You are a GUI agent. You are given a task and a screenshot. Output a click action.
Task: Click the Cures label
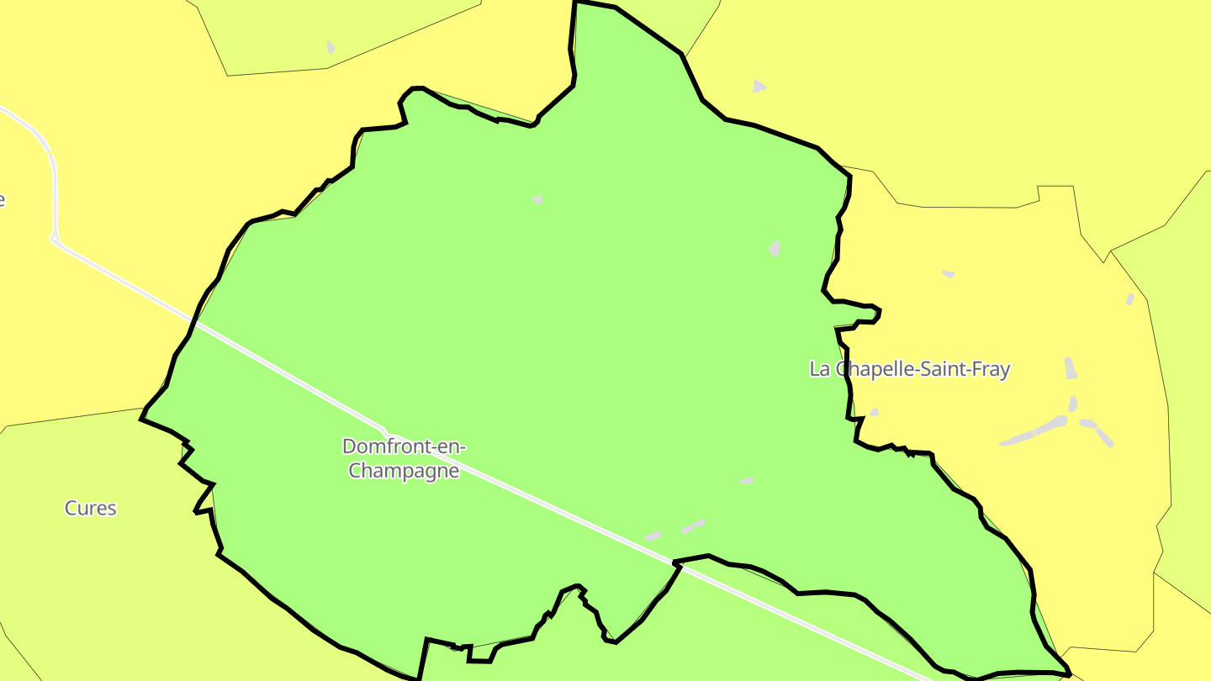click(91, 508)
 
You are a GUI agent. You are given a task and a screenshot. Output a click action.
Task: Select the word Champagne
click(404, 471)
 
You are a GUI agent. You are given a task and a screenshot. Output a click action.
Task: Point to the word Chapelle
click(872, 368)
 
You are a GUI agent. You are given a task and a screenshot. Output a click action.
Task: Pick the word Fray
click(990, 368)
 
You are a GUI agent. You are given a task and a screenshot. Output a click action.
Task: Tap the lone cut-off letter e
click(2, 200)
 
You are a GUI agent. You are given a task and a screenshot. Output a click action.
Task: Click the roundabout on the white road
click(55, 240)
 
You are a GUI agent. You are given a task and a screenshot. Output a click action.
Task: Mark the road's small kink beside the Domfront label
click(386, 431)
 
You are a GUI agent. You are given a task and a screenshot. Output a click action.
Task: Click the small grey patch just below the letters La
click(875, 412)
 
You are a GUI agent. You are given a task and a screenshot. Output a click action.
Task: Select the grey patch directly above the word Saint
click(949, 273)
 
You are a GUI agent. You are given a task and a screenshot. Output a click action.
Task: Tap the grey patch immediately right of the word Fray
click(1070, 367)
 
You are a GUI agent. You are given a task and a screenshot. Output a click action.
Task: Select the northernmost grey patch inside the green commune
click(537, 200)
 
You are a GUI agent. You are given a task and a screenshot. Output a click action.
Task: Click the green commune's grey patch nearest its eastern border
click(775, 248)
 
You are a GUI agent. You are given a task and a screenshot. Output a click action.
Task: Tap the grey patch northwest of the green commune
click(331, 47)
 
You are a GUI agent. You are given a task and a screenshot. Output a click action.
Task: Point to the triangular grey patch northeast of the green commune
click(759, 86)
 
